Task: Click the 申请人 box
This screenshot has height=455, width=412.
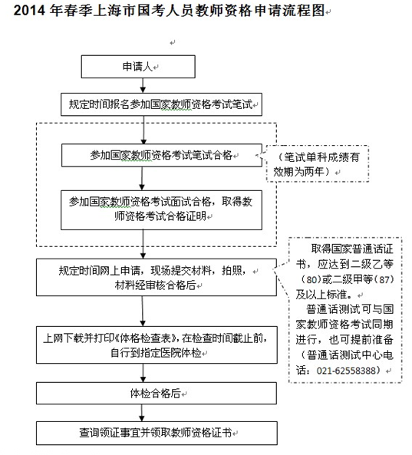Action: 138,67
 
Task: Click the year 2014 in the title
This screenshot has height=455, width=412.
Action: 29,11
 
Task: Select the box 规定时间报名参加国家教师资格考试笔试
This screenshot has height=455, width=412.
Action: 161,104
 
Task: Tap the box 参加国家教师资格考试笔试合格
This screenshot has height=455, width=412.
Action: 162,155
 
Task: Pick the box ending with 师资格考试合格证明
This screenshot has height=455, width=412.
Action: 161,210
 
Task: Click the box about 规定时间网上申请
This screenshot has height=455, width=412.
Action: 157,278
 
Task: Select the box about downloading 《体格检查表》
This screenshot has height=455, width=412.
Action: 157,345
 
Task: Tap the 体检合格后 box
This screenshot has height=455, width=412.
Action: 157,393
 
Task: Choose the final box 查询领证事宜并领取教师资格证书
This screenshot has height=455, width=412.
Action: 157,434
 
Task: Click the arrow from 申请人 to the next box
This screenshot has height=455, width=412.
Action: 143,86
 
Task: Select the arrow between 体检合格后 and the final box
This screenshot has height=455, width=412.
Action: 142,413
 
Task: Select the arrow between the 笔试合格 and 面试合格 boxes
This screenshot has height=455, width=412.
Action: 142,179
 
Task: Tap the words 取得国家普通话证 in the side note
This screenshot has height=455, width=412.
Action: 352,249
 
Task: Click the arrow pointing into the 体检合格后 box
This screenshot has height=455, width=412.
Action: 143,373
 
